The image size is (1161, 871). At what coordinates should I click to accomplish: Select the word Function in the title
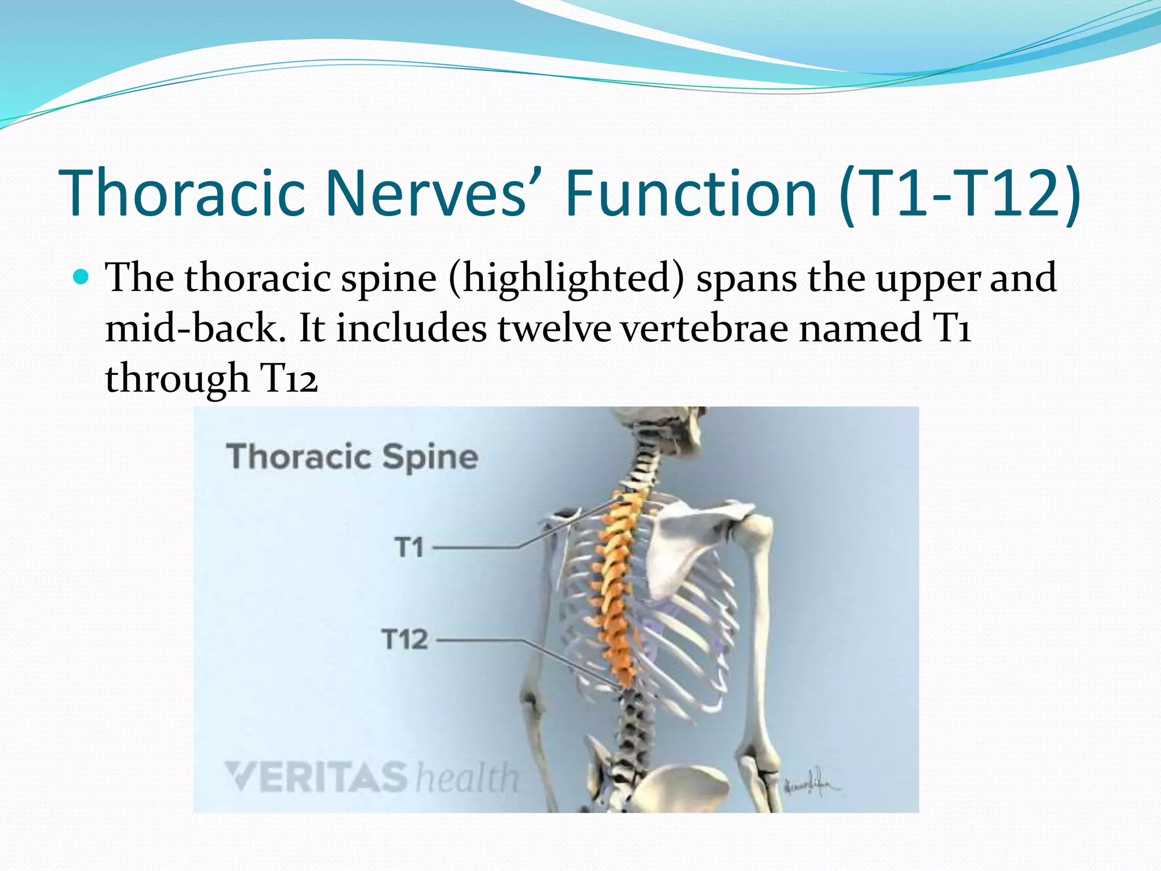click(691, 193)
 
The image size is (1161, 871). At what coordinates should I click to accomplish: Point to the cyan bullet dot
click(82, 277)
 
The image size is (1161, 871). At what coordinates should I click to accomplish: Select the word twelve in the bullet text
click(554, 328)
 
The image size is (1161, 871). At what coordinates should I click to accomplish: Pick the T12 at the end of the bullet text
click(288, 378)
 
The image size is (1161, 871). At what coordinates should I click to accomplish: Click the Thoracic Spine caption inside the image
click(352, 457)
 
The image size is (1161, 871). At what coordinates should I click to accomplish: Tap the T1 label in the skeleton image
click(409, 548)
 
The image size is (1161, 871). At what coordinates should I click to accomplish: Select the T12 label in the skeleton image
click(405, 640)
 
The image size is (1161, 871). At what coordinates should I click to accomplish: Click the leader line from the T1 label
click(476, 548)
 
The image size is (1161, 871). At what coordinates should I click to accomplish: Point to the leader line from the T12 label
click(482, 640)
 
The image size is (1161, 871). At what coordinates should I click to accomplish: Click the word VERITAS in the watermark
click(316, 776)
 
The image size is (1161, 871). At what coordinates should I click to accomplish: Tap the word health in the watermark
click(467, 778)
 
